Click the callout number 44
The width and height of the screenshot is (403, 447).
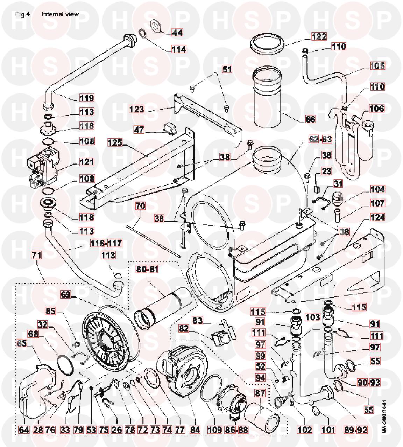[177, 33]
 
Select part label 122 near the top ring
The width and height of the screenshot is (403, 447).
[319, 36]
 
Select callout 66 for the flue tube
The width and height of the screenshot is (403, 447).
[310, 119]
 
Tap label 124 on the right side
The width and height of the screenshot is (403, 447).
[376, 217]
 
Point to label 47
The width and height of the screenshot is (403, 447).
[140, 130]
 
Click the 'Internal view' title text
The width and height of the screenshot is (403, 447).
[60, 14]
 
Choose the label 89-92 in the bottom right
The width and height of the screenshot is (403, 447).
[356, 429]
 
